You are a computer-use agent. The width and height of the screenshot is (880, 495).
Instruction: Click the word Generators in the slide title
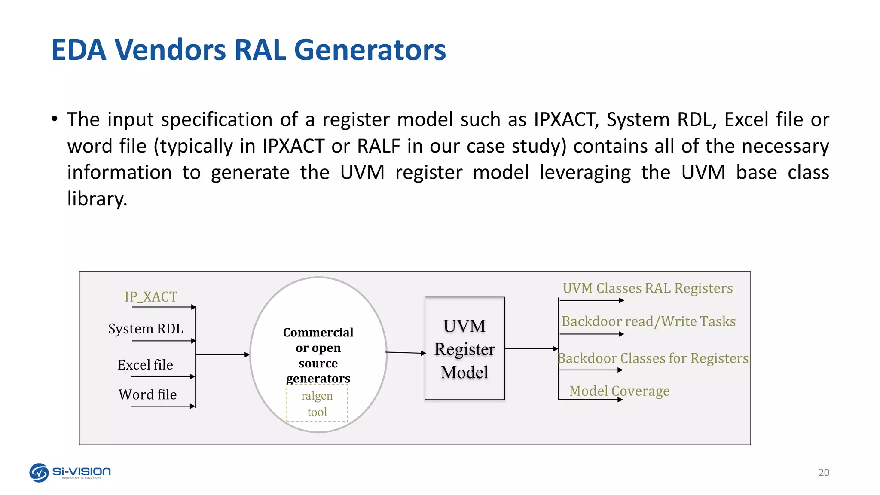pyautogui.click(x=370, y=50)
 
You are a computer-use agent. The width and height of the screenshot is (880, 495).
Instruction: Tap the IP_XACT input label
pyautogui.click(x=151, y=296)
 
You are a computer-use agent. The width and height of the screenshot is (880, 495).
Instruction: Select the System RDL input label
pyautogui.click(x=146, y=329)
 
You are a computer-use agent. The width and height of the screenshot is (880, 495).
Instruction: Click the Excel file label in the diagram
pyautogui.click(x=145, y=365)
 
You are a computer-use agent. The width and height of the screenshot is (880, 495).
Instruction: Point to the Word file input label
pyautogui.click(x=147, y=394)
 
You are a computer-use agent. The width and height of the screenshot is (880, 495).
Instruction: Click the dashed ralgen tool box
pyautogui.click(x=317, y=403)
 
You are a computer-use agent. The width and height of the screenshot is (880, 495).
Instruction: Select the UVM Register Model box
pyautogui.click(x=464, y=348)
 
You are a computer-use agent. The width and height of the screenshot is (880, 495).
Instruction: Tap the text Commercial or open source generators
pyautogui.click(x=318, y=355)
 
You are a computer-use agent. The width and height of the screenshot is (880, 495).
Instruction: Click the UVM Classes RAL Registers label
pyautogui.click(x=648, y=288)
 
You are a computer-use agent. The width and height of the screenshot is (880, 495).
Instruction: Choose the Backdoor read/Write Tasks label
pyautogui.click(x=648, y=321)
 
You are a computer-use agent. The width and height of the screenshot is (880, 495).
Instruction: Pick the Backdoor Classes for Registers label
pyautogui.click(x=653, y=358)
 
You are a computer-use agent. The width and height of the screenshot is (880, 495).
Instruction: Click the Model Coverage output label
pyautogui.click(x=619, y=391)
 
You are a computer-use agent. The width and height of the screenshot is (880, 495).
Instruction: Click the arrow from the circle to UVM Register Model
pyautogui.click(x=405, y=353)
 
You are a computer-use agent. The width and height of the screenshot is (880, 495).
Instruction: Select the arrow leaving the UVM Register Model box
pyautogui.click(x=531, y=349)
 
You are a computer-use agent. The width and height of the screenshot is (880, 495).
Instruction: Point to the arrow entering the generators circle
pyautogui.click(x=222, y=355)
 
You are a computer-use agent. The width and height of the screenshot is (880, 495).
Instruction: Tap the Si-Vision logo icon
pyautogui.click(x=39, y=473)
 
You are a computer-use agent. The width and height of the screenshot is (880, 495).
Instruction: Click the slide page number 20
pyautogui.click(x=824, y=472)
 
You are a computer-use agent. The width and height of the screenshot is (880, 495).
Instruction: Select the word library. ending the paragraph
pyautogui.click(x=98, y=199)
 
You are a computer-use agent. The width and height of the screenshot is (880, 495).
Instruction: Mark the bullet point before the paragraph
pyautogui.click(x=55, y=119)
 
